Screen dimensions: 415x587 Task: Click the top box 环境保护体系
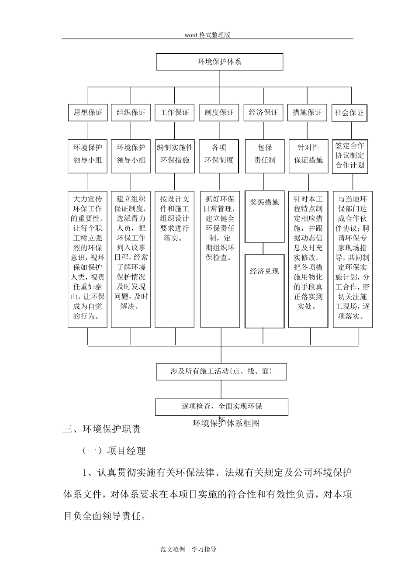point(219,62)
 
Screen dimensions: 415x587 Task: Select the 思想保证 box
point(88,113)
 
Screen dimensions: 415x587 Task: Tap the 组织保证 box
point(131,113)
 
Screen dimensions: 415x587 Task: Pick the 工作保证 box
point(175,113)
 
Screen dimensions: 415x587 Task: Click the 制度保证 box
point(219,113)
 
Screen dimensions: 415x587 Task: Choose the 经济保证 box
point(263,113)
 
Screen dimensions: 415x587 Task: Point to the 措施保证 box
point(307,113)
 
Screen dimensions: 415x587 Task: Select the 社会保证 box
point(349,113)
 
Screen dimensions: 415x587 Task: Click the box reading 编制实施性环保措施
point(175,154)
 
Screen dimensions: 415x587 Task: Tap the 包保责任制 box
point(265,154)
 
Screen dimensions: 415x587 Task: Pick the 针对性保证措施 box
point(308,154)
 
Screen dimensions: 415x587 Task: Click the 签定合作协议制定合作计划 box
point(350,155)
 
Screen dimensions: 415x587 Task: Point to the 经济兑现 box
point(264,285)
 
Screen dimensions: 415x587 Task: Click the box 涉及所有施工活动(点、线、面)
point(221,372)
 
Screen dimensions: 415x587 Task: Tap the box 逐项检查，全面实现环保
point(221,407)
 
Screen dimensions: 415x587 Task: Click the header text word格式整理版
point(207,35)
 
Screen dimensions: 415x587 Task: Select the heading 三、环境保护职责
point(102,429)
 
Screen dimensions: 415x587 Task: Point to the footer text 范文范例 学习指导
point(189,549)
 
